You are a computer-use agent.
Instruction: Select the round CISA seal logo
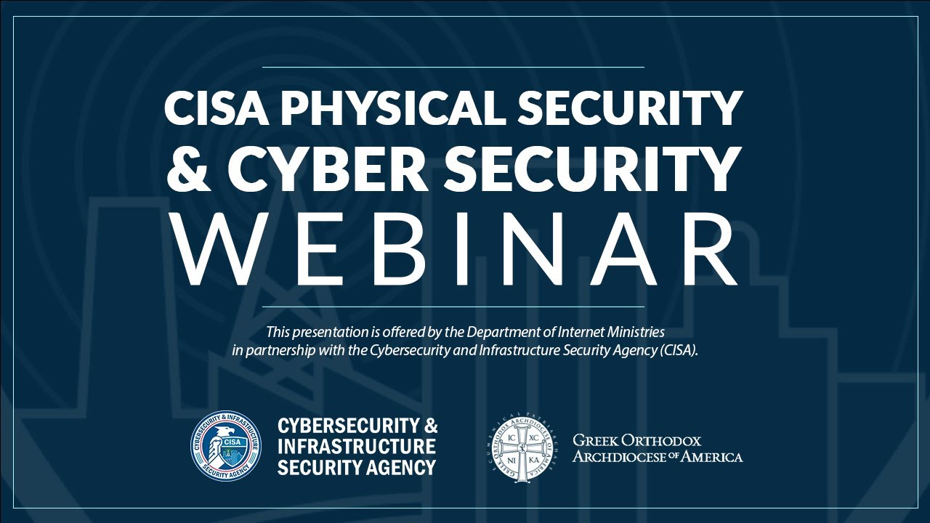point(225,445)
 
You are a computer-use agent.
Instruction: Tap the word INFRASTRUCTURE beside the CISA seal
point(357,445)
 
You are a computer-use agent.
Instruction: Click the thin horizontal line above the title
point(452,67)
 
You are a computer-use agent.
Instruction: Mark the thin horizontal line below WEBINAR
point(452,307)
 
